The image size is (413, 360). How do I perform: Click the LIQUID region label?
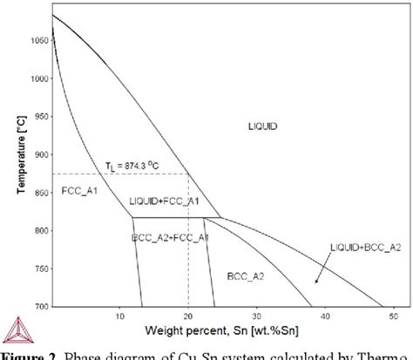coord(261,127)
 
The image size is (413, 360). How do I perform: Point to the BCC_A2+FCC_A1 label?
coord(170,236)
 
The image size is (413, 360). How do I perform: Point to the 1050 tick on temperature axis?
coord(38,40)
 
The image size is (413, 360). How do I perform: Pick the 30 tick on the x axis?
coord(257,316)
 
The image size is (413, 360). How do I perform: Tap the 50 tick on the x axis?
coord(392,316)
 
